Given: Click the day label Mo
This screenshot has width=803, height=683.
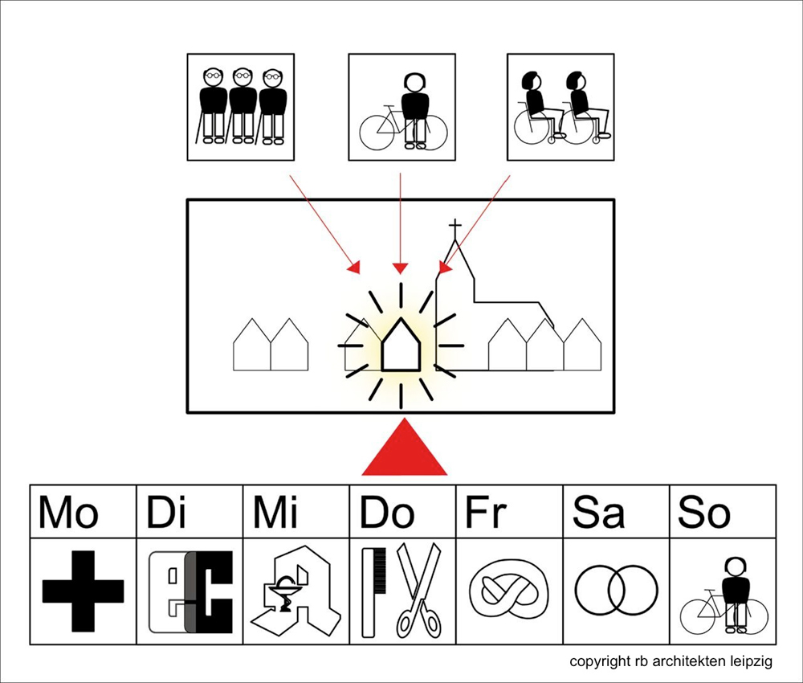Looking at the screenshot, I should [x=69, y=512].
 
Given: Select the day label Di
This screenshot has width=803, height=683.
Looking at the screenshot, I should [x=166, y=512].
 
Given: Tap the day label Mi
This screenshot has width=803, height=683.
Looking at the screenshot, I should [x=276, y=512].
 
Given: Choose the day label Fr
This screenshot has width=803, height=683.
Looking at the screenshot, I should [x=487, y=512].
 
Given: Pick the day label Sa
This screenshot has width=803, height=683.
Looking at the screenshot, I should [x=598, y=512].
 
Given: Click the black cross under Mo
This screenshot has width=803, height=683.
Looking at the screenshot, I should [x=83, y=591].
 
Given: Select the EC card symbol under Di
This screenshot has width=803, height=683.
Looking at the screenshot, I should [x=190, y=591].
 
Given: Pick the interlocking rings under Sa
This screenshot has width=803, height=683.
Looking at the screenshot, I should [x=616, y=591].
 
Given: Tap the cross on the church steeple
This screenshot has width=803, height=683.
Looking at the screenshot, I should [x=455, y=227].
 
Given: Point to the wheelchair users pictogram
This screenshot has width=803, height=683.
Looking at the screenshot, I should [x=561, y=108].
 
